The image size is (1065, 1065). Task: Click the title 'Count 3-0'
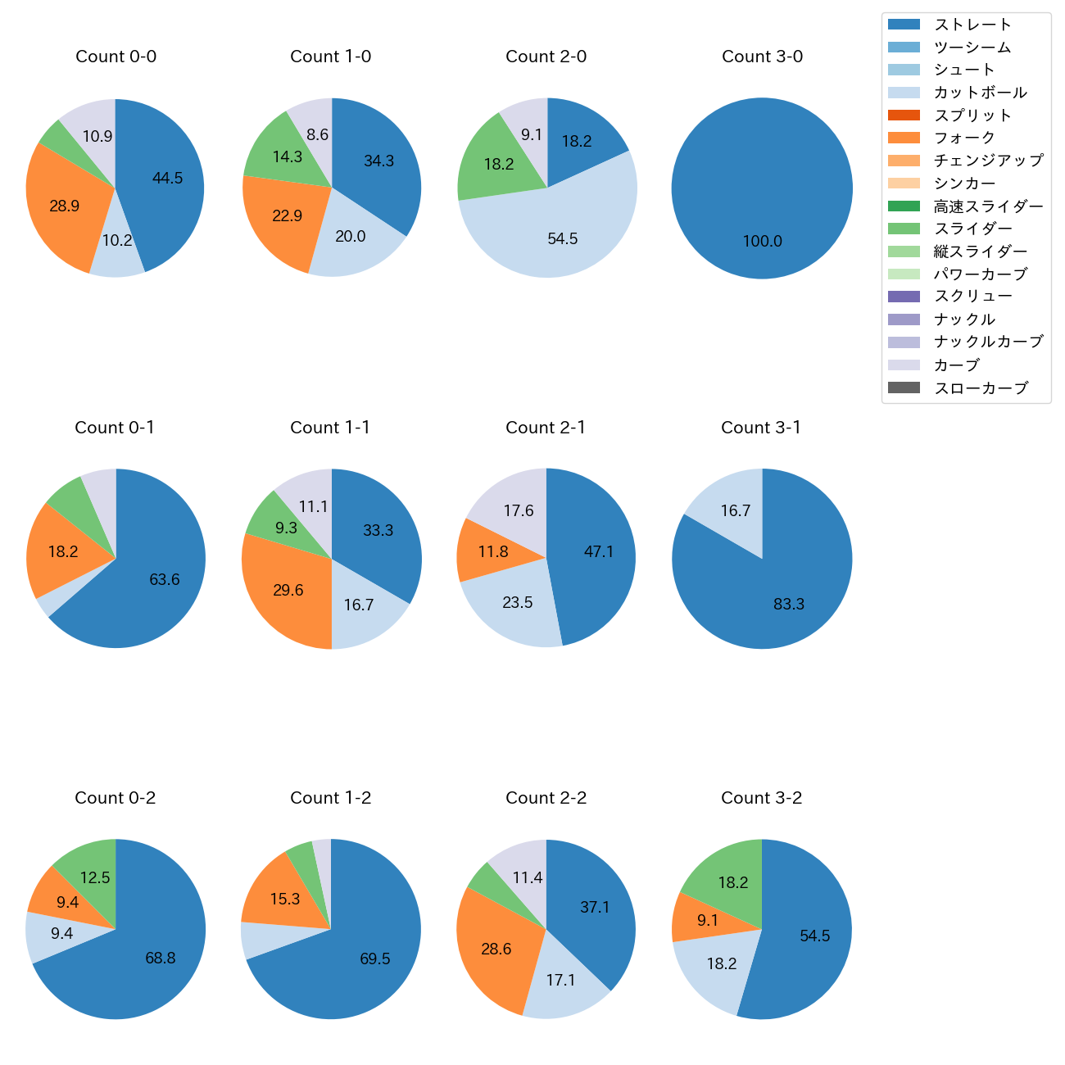(762, 57)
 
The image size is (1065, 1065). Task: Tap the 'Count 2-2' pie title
(546, 798)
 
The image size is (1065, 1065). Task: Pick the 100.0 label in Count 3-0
(762, 242)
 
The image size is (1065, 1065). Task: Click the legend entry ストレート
(972, 25)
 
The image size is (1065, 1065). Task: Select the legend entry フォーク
(964, 138)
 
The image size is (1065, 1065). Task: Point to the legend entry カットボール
(980, 93)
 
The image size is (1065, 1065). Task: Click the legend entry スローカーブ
(981, 388)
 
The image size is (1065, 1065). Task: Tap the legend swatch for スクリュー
(904, 297)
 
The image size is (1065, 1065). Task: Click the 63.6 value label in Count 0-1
(164, 580)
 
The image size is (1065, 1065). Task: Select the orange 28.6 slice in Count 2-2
(496, 949)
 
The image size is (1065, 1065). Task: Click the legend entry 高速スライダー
(988, 206)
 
